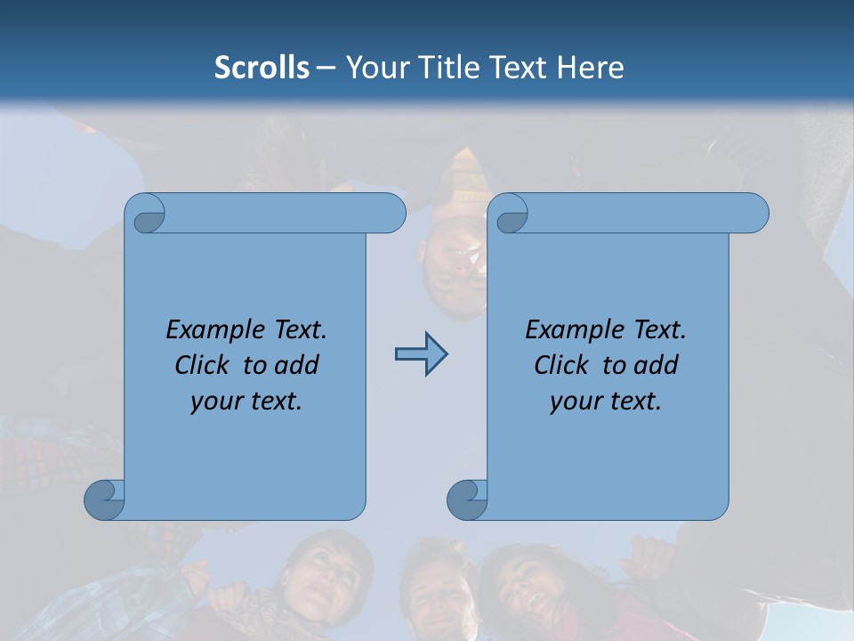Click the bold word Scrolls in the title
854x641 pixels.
click(262, 68)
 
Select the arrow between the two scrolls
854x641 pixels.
click(421, 354)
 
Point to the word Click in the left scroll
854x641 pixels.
click(205, 365)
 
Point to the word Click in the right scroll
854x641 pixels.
click(562, 365)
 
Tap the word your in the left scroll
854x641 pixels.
click(216, 402)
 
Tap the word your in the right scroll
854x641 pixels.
click(576, 402)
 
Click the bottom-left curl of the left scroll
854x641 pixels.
click(104, 499)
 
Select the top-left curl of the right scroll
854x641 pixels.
click(510, 215)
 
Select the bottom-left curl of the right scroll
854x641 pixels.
click(467, 499)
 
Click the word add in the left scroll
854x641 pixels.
click(296, 365)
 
